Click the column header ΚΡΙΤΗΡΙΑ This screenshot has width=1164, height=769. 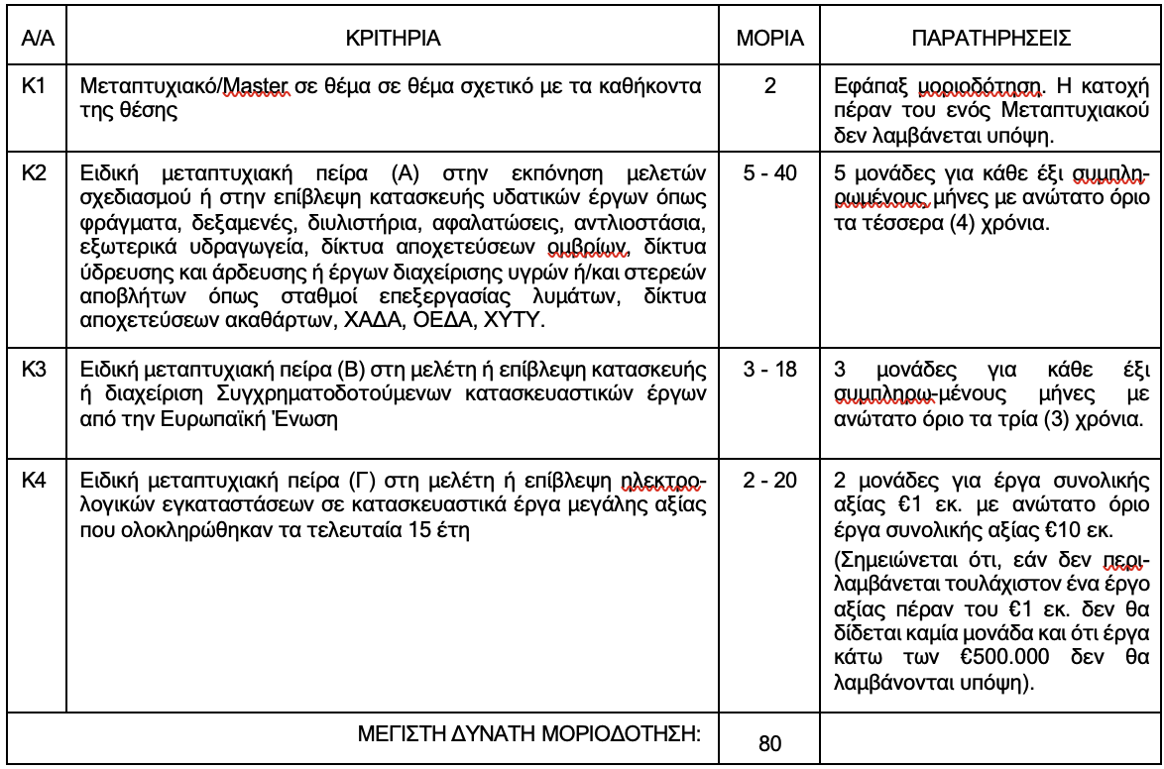tap(392, 47)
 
